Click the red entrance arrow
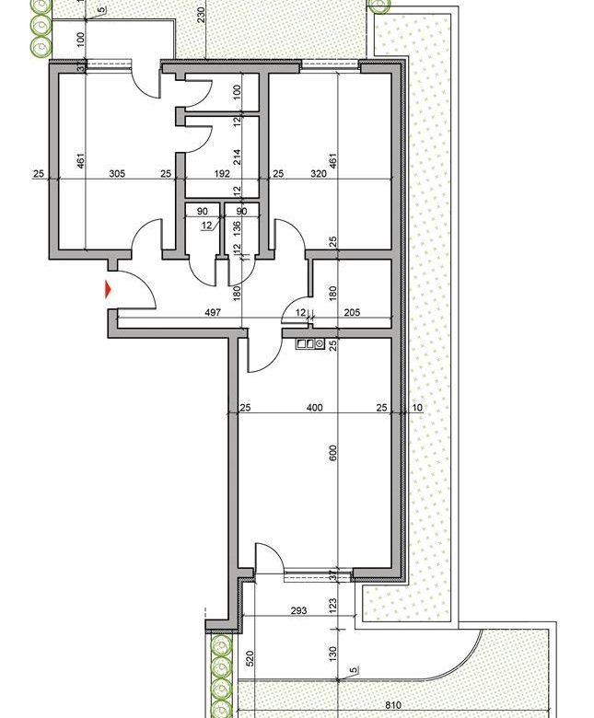(109, 290)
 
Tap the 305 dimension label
(117, 173)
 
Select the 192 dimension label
(221, 173)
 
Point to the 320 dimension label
(319, 173)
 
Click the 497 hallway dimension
(214, 313)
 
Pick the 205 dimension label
(352, 313)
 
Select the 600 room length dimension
(333, 453)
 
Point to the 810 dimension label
(393, 705)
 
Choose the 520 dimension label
(250, 659)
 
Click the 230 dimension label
(200, 16)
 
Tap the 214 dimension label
(237, 155)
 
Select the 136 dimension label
(237, 226)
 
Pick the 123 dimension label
(333, 606)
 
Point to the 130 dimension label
(333, 653)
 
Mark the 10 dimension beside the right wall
(417, 408)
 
